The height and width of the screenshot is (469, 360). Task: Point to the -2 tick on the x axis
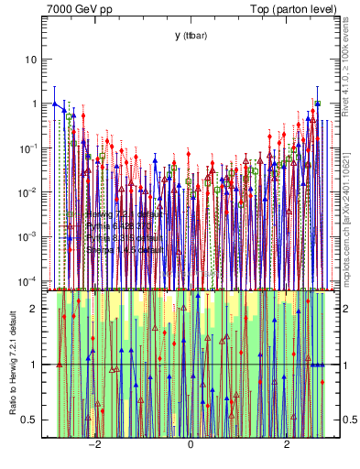point(93,446)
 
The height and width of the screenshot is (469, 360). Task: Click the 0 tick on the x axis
point(191,446)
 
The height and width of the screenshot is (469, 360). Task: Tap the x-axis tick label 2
point(287,446)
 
